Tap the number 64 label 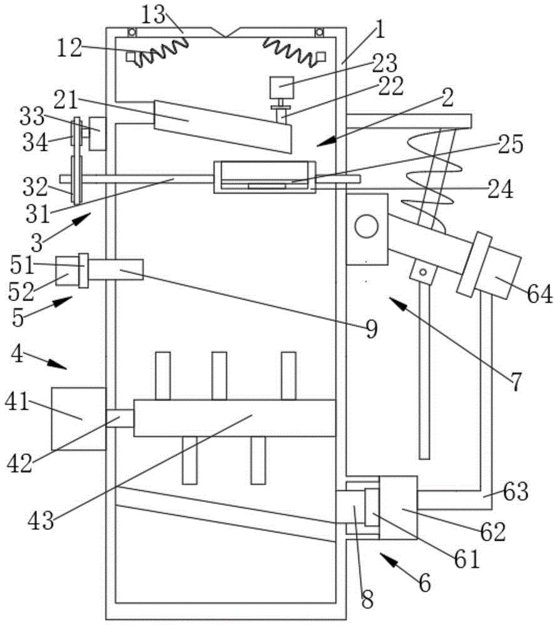point(540,294)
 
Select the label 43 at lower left point(41,520)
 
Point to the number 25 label point(511,144)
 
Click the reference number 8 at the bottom point(367,599)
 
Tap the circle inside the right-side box point(366,226)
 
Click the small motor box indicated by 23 point(282,87)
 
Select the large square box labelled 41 point(79,419)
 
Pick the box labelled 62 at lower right point(398,507)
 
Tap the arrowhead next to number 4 point(58,364)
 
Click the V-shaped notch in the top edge point(225,32)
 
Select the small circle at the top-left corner point(131,32)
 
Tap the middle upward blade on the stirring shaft point(220,376)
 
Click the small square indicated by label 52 point(67,271)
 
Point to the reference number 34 point(35,142)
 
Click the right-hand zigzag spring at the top point(289,51)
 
